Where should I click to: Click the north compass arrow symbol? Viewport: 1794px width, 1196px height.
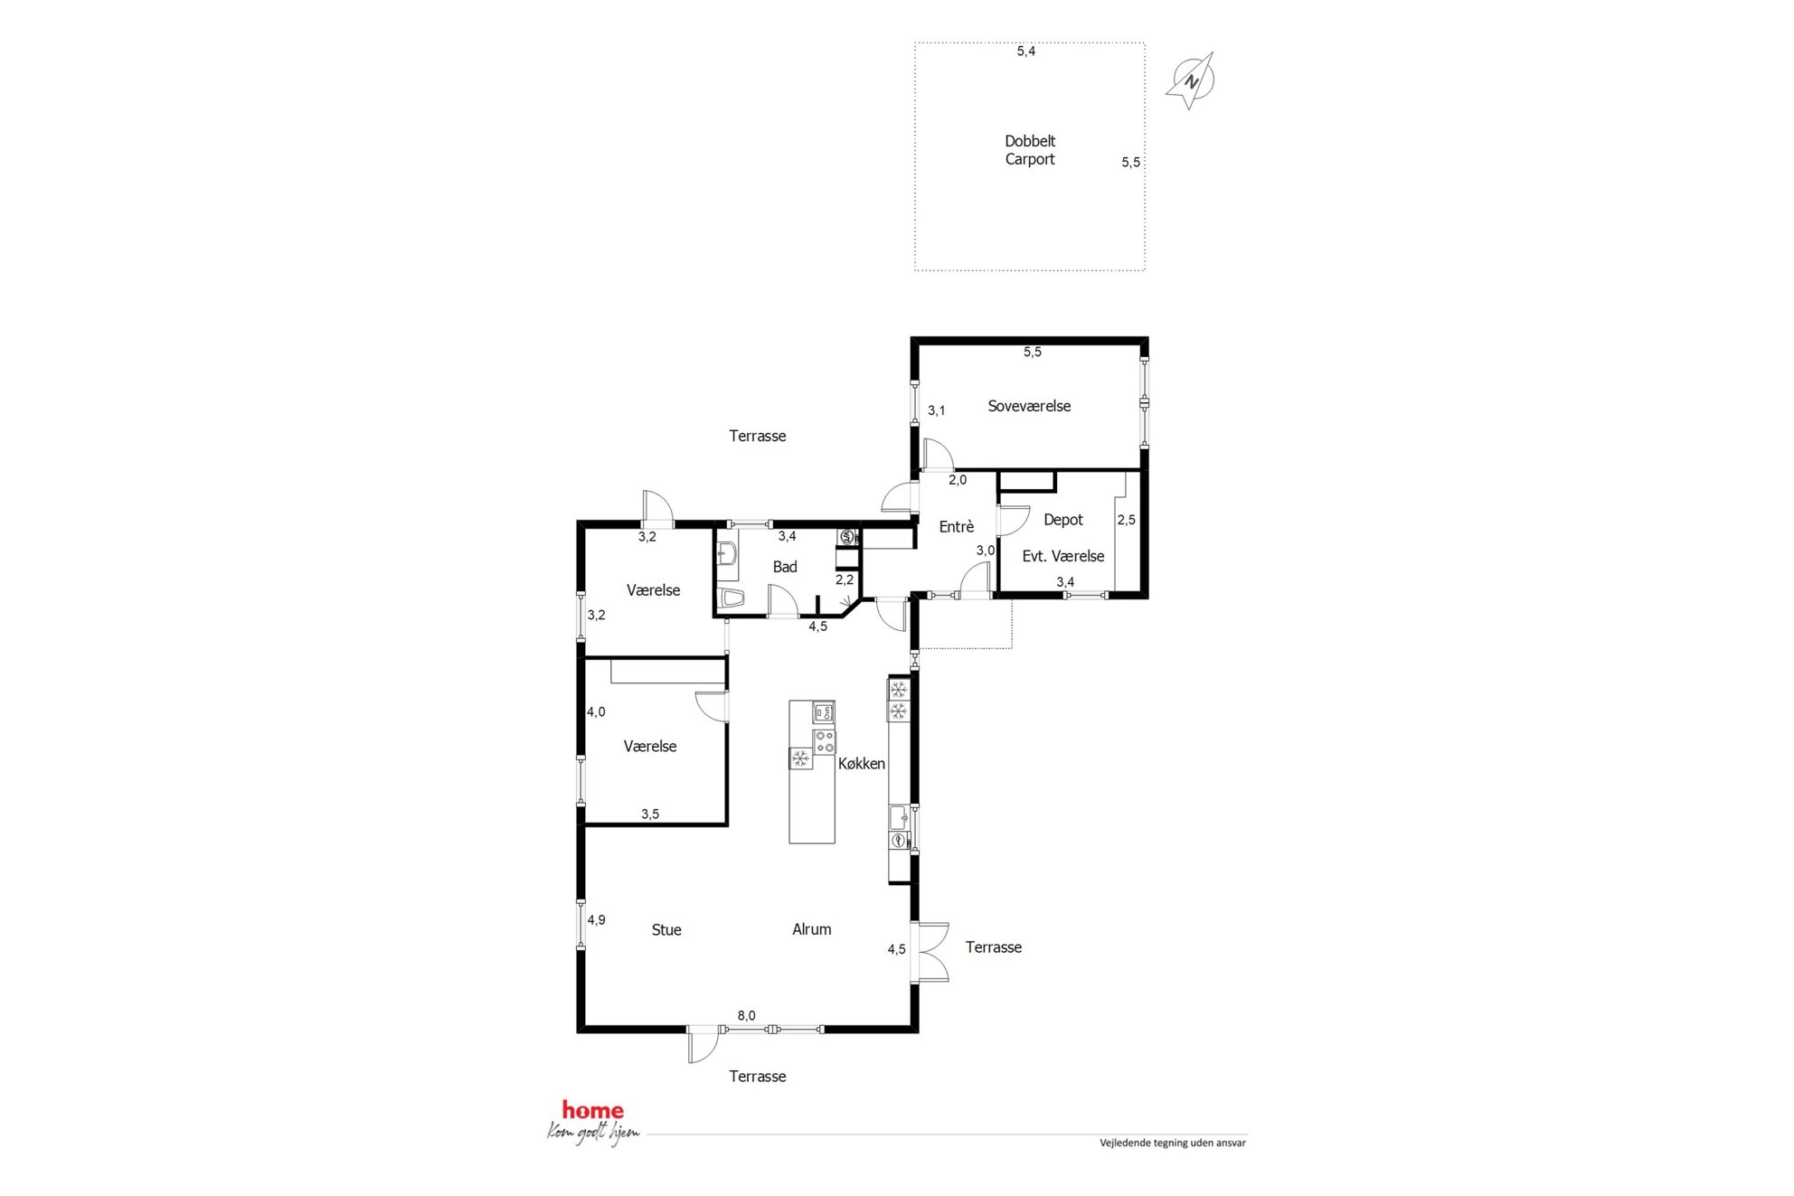point(1192,81)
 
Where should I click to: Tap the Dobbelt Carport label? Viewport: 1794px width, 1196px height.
point(1030,150)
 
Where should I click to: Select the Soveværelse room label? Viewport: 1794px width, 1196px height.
point(1029,407)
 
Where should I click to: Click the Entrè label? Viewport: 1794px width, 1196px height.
point(957,527)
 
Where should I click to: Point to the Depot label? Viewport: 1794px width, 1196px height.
point(1063,520)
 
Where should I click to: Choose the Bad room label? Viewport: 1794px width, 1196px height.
point(785,567)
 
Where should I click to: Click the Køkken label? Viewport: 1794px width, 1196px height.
point(862,764)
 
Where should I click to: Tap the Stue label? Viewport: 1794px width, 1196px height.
point(666,930)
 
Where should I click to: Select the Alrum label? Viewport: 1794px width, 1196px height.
point(812,929)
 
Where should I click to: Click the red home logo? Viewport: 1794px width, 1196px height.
point(593,1110)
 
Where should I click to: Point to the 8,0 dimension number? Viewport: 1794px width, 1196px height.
point(746,1016)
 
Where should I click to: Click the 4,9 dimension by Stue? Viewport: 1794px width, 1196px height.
point(596,920)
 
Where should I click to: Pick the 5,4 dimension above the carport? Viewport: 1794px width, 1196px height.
point(1026,52)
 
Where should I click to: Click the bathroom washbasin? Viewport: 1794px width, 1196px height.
point(727,555)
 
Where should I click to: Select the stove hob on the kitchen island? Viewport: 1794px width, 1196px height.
point(824,742)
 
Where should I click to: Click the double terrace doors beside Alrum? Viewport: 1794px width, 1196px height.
point(931,952)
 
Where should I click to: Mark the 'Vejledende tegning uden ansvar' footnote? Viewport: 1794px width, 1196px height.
point(1173,1144)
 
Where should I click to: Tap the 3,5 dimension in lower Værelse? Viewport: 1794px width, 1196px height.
point(650,815)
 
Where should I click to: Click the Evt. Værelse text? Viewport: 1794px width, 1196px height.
point(1063,557)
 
